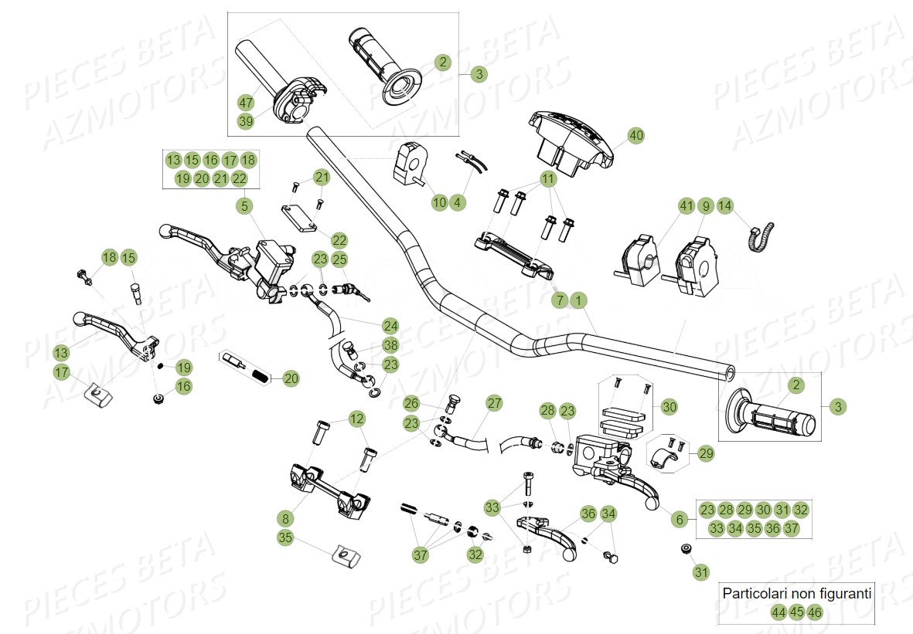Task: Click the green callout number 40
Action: [635, 135]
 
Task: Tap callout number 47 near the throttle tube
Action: [246, 103]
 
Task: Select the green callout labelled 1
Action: [579, 300]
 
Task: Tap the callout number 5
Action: [245, 206]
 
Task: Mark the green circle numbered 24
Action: [390, 325]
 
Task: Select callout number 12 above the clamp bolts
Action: [356, 419]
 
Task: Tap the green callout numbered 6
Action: [680, 520]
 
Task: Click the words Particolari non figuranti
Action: [796, 594]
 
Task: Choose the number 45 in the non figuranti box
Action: [796, 612]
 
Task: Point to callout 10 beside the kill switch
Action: [439, 202]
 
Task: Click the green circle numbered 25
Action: [339, 260]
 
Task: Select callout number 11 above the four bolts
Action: [548, 178]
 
